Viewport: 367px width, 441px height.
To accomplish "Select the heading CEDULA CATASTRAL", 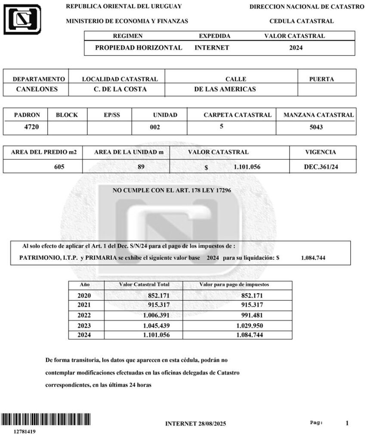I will (301, 21).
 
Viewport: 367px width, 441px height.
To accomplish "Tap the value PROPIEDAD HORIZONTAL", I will (139, 48).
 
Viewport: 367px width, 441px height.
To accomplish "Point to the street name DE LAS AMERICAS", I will (225, 90).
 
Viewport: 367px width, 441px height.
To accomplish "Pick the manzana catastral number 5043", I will (315, 127).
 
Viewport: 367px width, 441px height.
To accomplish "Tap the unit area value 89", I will (141, 167).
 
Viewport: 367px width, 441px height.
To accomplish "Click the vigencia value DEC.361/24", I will (321, 167).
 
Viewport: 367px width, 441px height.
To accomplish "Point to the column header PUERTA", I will (321, 79).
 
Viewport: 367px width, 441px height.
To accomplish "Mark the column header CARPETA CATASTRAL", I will (237, 115).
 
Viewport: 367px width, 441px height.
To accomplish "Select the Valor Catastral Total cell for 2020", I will (160, 295).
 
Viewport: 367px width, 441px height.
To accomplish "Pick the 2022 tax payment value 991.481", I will (250, 315).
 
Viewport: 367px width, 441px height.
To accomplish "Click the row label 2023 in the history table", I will (84, 325).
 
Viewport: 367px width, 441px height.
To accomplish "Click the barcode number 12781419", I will (25, 431).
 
